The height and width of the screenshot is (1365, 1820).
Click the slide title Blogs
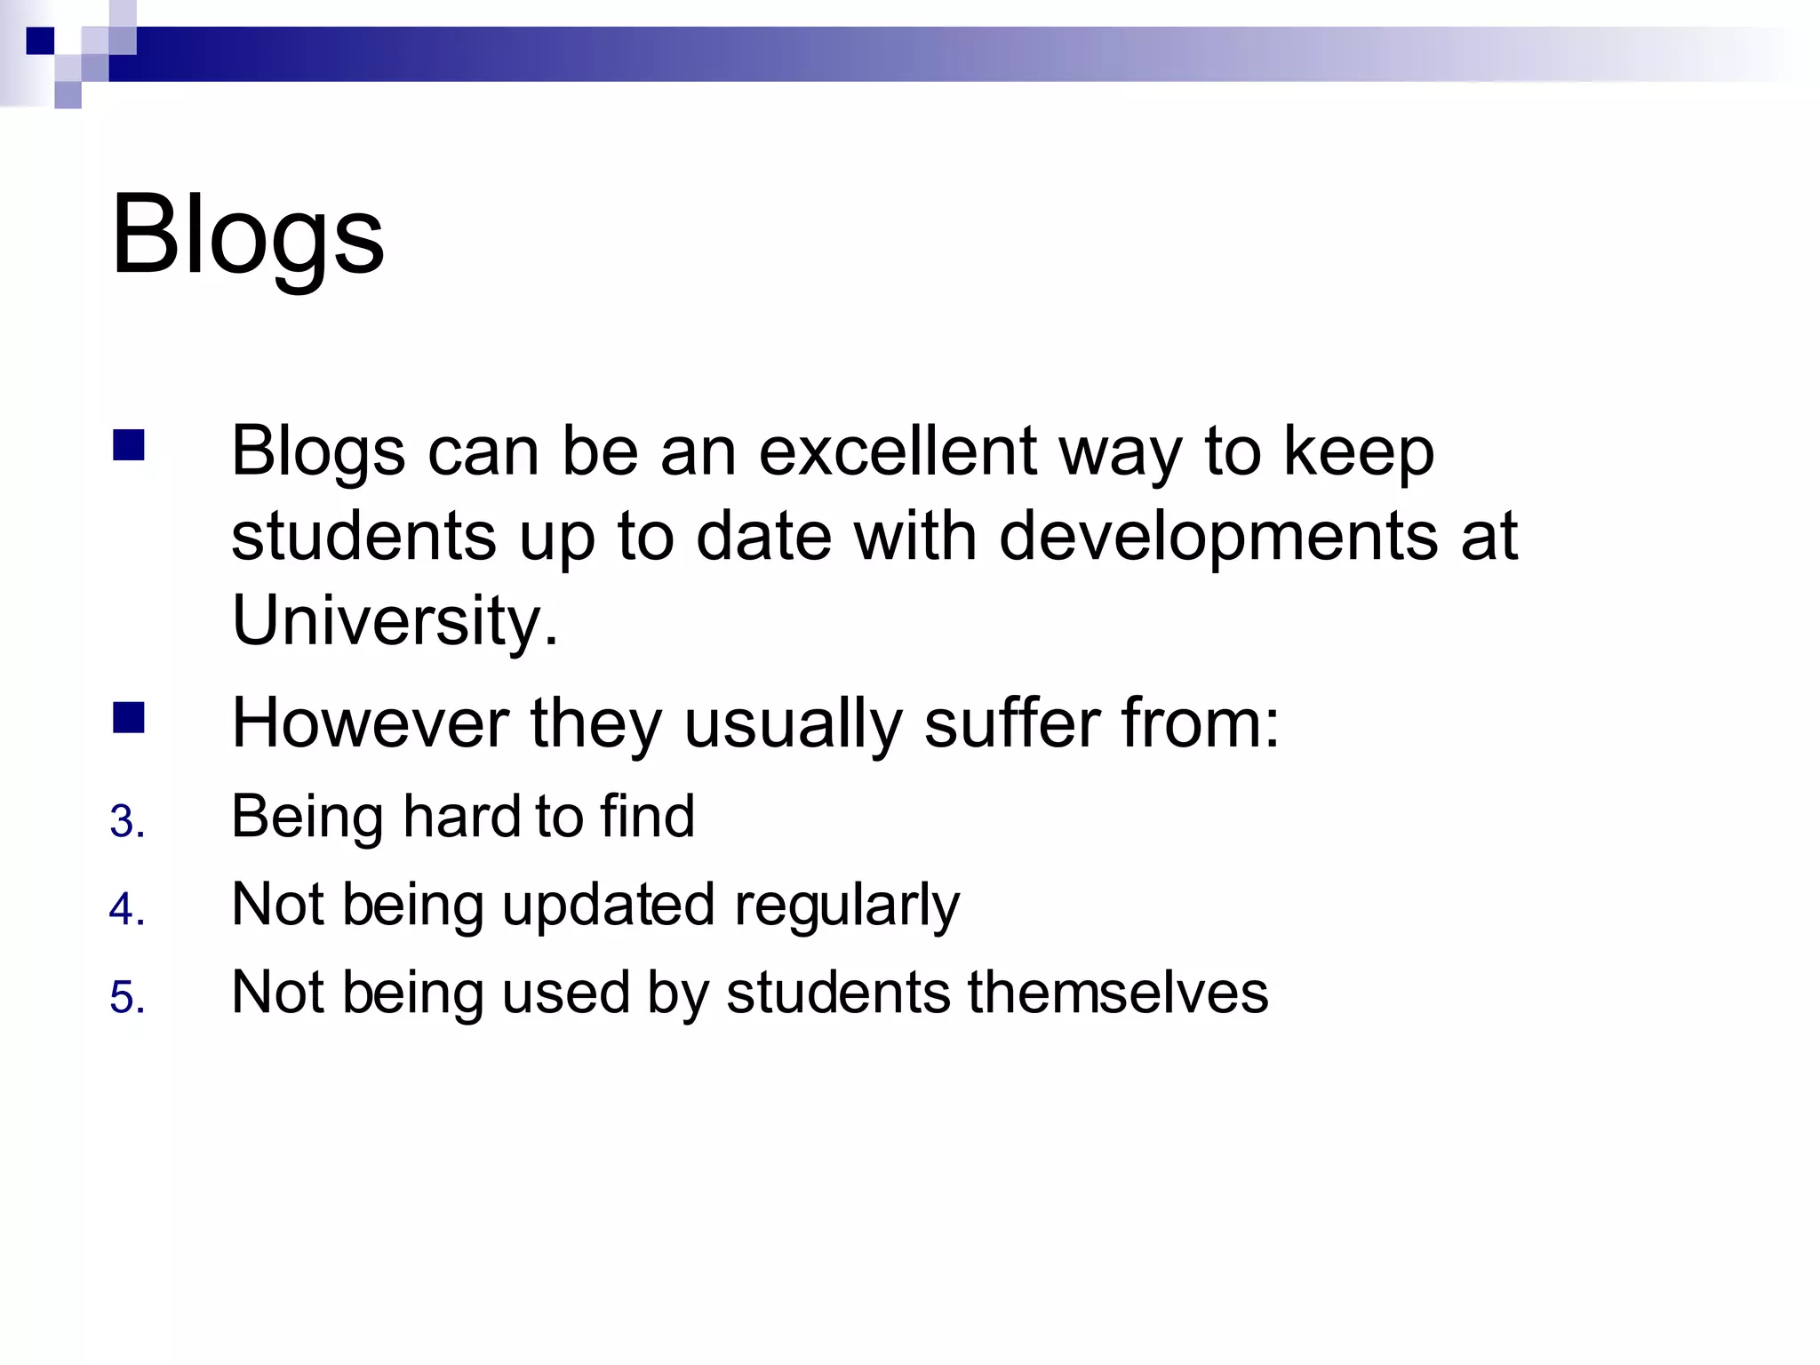(x=248, y=235)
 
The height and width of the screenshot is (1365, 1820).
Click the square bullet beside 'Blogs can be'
(x=129, y=445)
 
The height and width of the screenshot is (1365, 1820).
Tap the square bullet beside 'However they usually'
(x=129, y=717)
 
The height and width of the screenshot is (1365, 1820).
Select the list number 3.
(x=126, y=821)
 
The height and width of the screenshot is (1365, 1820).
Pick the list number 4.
(x=126, y=909)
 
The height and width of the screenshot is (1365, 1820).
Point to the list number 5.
(x=126, y=997)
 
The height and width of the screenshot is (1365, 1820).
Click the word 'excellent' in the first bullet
(x=898, y=451)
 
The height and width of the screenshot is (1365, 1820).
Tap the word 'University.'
(x=395, y=619)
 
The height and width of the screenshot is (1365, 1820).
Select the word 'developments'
(x=1218, y=536)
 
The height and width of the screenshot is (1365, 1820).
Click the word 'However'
(x=370, y=722)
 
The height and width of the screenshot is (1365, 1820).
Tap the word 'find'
(x=647, y=816)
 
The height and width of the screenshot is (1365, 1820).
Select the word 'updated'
(x=608, y=905)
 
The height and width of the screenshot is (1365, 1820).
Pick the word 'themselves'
(x=1117, y=992)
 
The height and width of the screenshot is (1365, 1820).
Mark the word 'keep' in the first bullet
(x=1359, y=452)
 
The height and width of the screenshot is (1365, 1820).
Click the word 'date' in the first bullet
(x=763, y=536)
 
